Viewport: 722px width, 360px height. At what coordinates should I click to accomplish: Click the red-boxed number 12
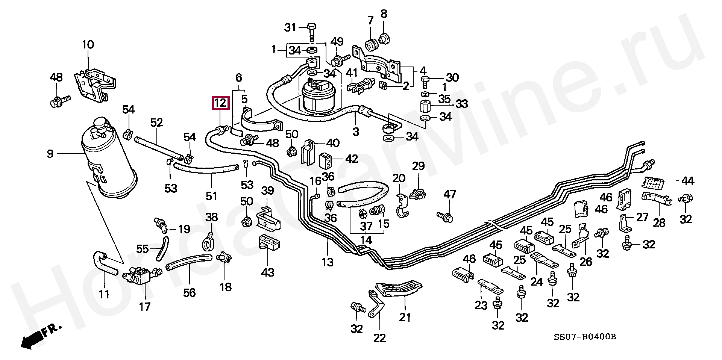pos(220,103)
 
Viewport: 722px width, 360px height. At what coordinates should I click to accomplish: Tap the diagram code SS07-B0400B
pos(584,337)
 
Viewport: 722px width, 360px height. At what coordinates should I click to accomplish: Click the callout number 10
pos(88,44)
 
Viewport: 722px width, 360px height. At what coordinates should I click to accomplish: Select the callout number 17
pos(145,307)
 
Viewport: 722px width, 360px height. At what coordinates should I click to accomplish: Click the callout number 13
pos(327,262)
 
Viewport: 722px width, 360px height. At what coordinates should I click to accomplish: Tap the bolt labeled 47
pos(445,216)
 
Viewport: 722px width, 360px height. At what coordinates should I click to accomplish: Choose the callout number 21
pos(405,318)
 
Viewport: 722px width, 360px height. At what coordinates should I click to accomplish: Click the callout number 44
pos(688,181)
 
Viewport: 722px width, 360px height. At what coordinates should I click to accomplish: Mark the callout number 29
pos(418,166)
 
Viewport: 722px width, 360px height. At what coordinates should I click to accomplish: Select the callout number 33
pos(461,103)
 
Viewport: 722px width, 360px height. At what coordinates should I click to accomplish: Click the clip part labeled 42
pos(326,161)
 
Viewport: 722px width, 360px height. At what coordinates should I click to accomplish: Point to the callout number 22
pos(379,338)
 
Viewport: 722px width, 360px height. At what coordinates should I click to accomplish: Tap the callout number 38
pos(211,217)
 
